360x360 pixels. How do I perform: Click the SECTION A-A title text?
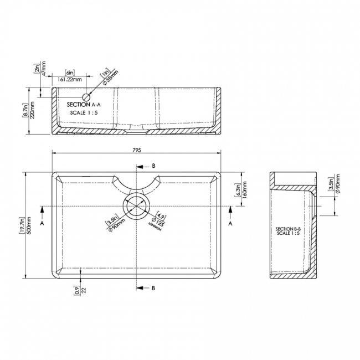tap(84, 104)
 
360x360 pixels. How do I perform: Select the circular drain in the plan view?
tap(137, 206)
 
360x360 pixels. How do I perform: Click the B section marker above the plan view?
tap(154, 166)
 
